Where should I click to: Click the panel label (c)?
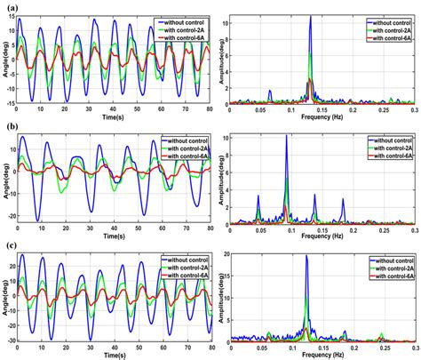coord(10,246)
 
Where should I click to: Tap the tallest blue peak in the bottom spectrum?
coord(306,257)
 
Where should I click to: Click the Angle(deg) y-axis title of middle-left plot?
coord(5,178)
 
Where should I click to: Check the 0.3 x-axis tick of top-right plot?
coord(413,109)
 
